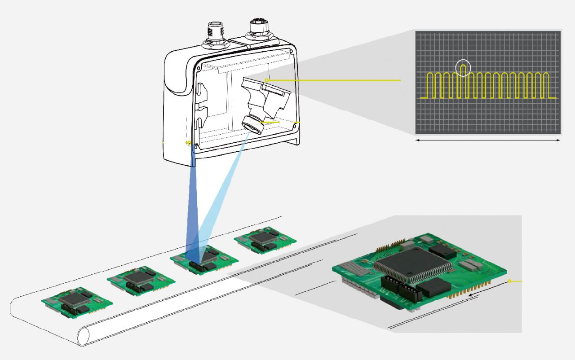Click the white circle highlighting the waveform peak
pyautogui.click(x=463, y=68)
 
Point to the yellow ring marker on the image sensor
pyautogui.click(x=266, y=80)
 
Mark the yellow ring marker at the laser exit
pyautogui.click(x=189, y=143)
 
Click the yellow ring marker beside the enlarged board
pyautogui.click(x=509, y=281)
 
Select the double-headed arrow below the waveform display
pyautogui.click(x=487, y=140)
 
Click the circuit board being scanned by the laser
pyautogui.click(x=204, y=260)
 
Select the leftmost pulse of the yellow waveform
pyautogui.click(x=430, y=85)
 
